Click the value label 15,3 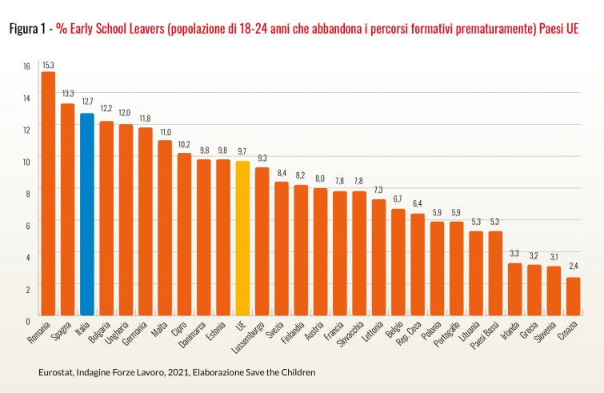coord(48,64)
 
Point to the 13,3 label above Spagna coord(67,94)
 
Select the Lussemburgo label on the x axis coord(250,338)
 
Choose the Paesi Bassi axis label coord(489,335)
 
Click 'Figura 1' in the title coord(26,29)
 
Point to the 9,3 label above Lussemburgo coord(261,158)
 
